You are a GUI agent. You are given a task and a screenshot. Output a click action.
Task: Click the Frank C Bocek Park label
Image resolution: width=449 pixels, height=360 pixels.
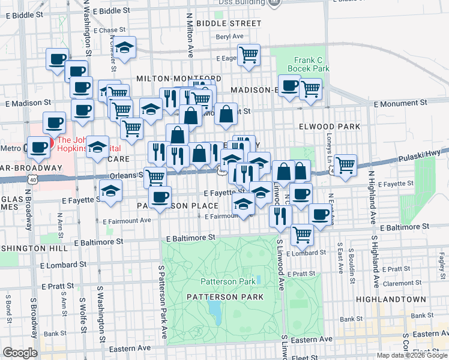(309, 64)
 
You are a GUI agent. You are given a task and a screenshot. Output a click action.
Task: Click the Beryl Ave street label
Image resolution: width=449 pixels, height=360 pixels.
(229, 36)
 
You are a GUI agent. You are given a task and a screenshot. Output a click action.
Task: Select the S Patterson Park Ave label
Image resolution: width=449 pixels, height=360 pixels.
(161, 300)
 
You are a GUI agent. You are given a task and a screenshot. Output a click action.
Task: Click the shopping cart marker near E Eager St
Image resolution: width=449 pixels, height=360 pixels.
(248, 55)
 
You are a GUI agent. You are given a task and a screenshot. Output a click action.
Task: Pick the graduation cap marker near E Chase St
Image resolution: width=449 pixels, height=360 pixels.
(124, 47)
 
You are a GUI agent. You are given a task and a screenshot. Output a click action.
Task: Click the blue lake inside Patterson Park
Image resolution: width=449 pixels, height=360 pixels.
(214, 310)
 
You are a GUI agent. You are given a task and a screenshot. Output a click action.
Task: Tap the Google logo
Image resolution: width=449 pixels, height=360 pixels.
(20, 353)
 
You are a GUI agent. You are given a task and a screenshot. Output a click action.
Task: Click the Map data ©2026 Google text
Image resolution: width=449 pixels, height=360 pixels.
(411, 355)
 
